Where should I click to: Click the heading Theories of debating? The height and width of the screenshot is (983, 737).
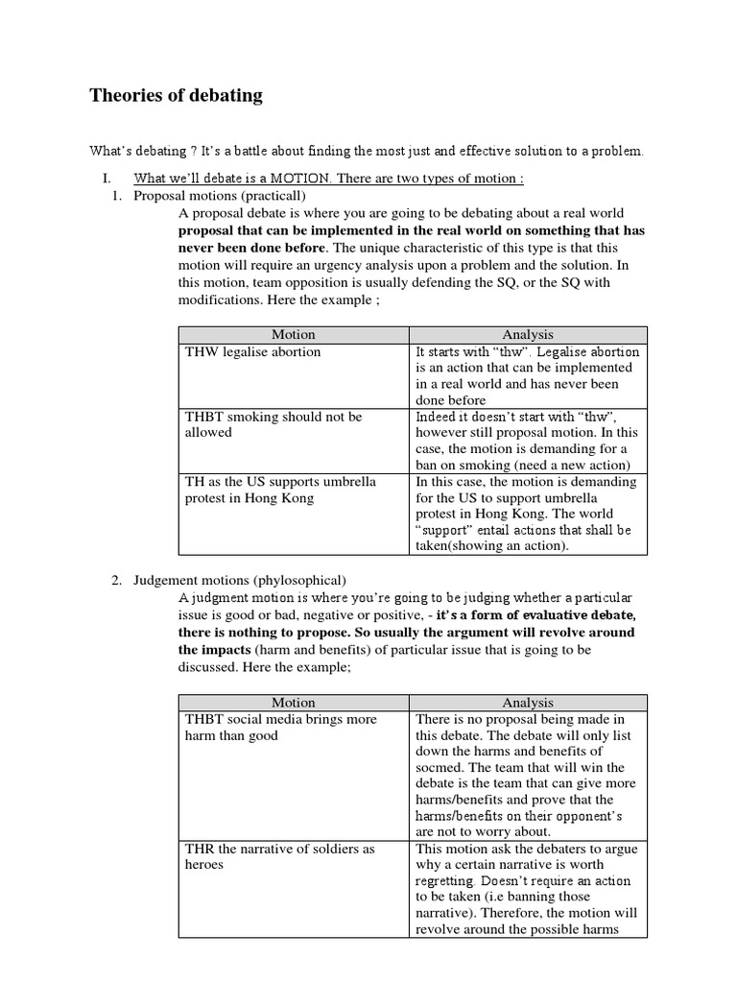click(x=176, y=95)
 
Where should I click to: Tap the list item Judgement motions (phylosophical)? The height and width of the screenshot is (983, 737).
click(x=240, y=580)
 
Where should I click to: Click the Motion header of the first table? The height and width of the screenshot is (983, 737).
click(x=293, y=334)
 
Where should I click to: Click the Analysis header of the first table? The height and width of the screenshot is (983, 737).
click(x=528, y=334)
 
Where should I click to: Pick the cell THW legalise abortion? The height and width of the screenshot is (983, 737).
click(x=253, y=351)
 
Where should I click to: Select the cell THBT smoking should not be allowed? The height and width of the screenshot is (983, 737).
click(x=273, y=424)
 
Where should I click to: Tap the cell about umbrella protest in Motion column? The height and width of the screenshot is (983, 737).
click(x=280, y=489)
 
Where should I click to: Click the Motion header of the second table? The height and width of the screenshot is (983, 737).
click(x=293, y=703)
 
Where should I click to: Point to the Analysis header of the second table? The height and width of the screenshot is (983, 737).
click(x=528, y=703)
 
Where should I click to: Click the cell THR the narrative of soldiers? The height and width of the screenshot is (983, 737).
click(x=280, y=856)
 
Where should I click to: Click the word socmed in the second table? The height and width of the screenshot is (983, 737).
click(x=440, y=767)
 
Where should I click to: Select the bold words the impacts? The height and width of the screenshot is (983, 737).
click(x=215, y=650)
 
